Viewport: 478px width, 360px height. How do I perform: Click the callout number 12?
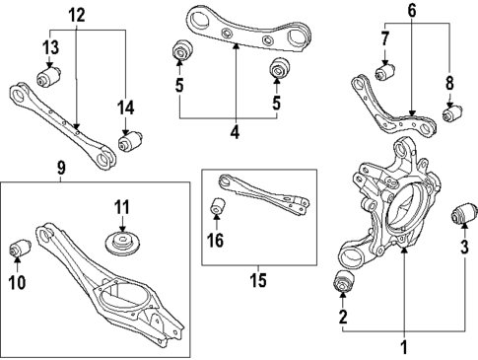coord(76,15)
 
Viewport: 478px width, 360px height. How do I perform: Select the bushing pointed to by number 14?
coord(126,144)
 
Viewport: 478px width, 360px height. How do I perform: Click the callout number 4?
coord(236,130)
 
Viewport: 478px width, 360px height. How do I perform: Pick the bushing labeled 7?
coord(383,73)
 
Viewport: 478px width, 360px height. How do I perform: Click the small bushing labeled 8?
coord(450,114)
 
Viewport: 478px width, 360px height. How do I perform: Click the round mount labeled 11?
coord(121,244)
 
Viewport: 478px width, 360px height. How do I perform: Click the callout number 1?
coord(401,346)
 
